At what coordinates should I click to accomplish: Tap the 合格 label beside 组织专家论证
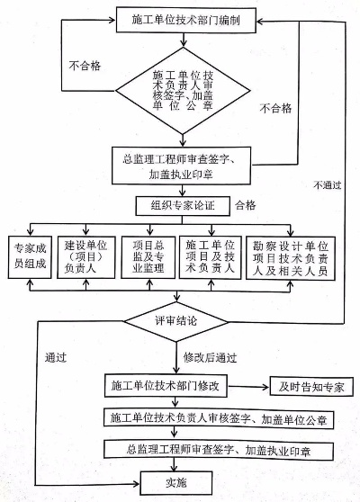click(245, 205)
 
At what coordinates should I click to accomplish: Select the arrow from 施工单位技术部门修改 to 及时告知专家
click(256, 387)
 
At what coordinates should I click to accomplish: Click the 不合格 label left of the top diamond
click(85, 65)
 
